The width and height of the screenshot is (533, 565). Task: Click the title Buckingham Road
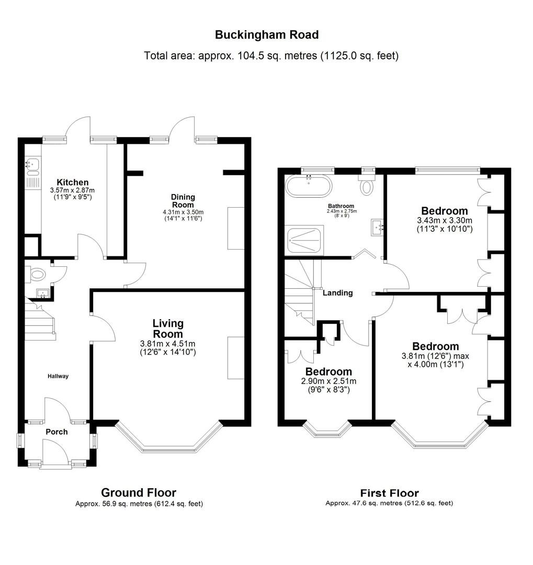tap(267, 35)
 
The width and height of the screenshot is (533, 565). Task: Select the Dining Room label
tap(183, 201)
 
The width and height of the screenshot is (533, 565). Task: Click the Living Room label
tap(168, 329)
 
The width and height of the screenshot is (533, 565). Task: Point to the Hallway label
tap(58, 376)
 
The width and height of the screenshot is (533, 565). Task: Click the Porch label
tap(56, 432)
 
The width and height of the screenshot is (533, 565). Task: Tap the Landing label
tap(337, 293)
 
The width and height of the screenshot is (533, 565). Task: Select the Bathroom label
tap(341, 206)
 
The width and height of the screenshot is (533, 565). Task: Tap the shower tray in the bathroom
tap(304, 240)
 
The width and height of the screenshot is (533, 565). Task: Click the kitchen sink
tap(32, 166)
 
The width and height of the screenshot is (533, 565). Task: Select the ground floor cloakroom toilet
tap(37, 274)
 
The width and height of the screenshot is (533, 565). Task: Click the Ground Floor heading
tap(139, 492)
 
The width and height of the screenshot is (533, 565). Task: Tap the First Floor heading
tap(389, 493)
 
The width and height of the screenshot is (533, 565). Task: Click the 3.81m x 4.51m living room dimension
tap(167, 344)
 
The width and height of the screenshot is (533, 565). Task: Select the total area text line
tap(271, 55)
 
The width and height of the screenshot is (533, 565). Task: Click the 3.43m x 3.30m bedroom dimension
tap(445, 220)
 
